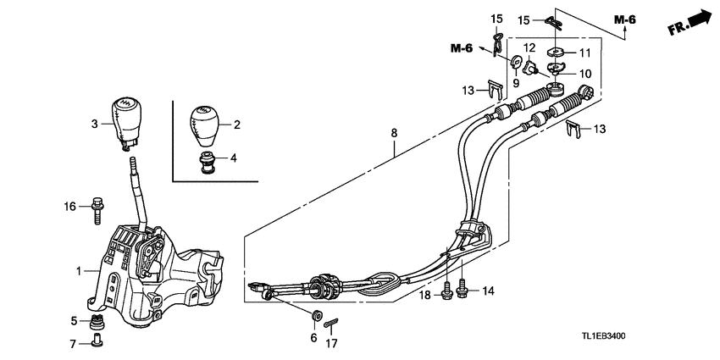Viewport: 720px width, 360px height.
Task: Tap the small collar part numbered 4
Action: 206,160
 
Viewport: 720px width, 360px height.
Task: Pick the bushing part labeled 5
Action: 96,321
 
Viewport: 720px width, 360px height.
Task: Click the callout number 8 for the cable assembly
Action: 393,132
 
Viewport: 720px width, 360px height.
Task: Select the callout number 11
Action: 584,53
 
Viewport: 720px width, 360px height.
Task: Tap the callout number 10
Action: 584,74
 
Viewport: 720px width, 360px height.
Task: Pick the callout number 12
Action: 529,47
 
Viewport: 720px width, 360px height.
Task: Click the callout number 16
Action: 70,206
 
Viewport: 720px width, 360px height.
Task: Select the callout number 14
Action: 486,291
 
